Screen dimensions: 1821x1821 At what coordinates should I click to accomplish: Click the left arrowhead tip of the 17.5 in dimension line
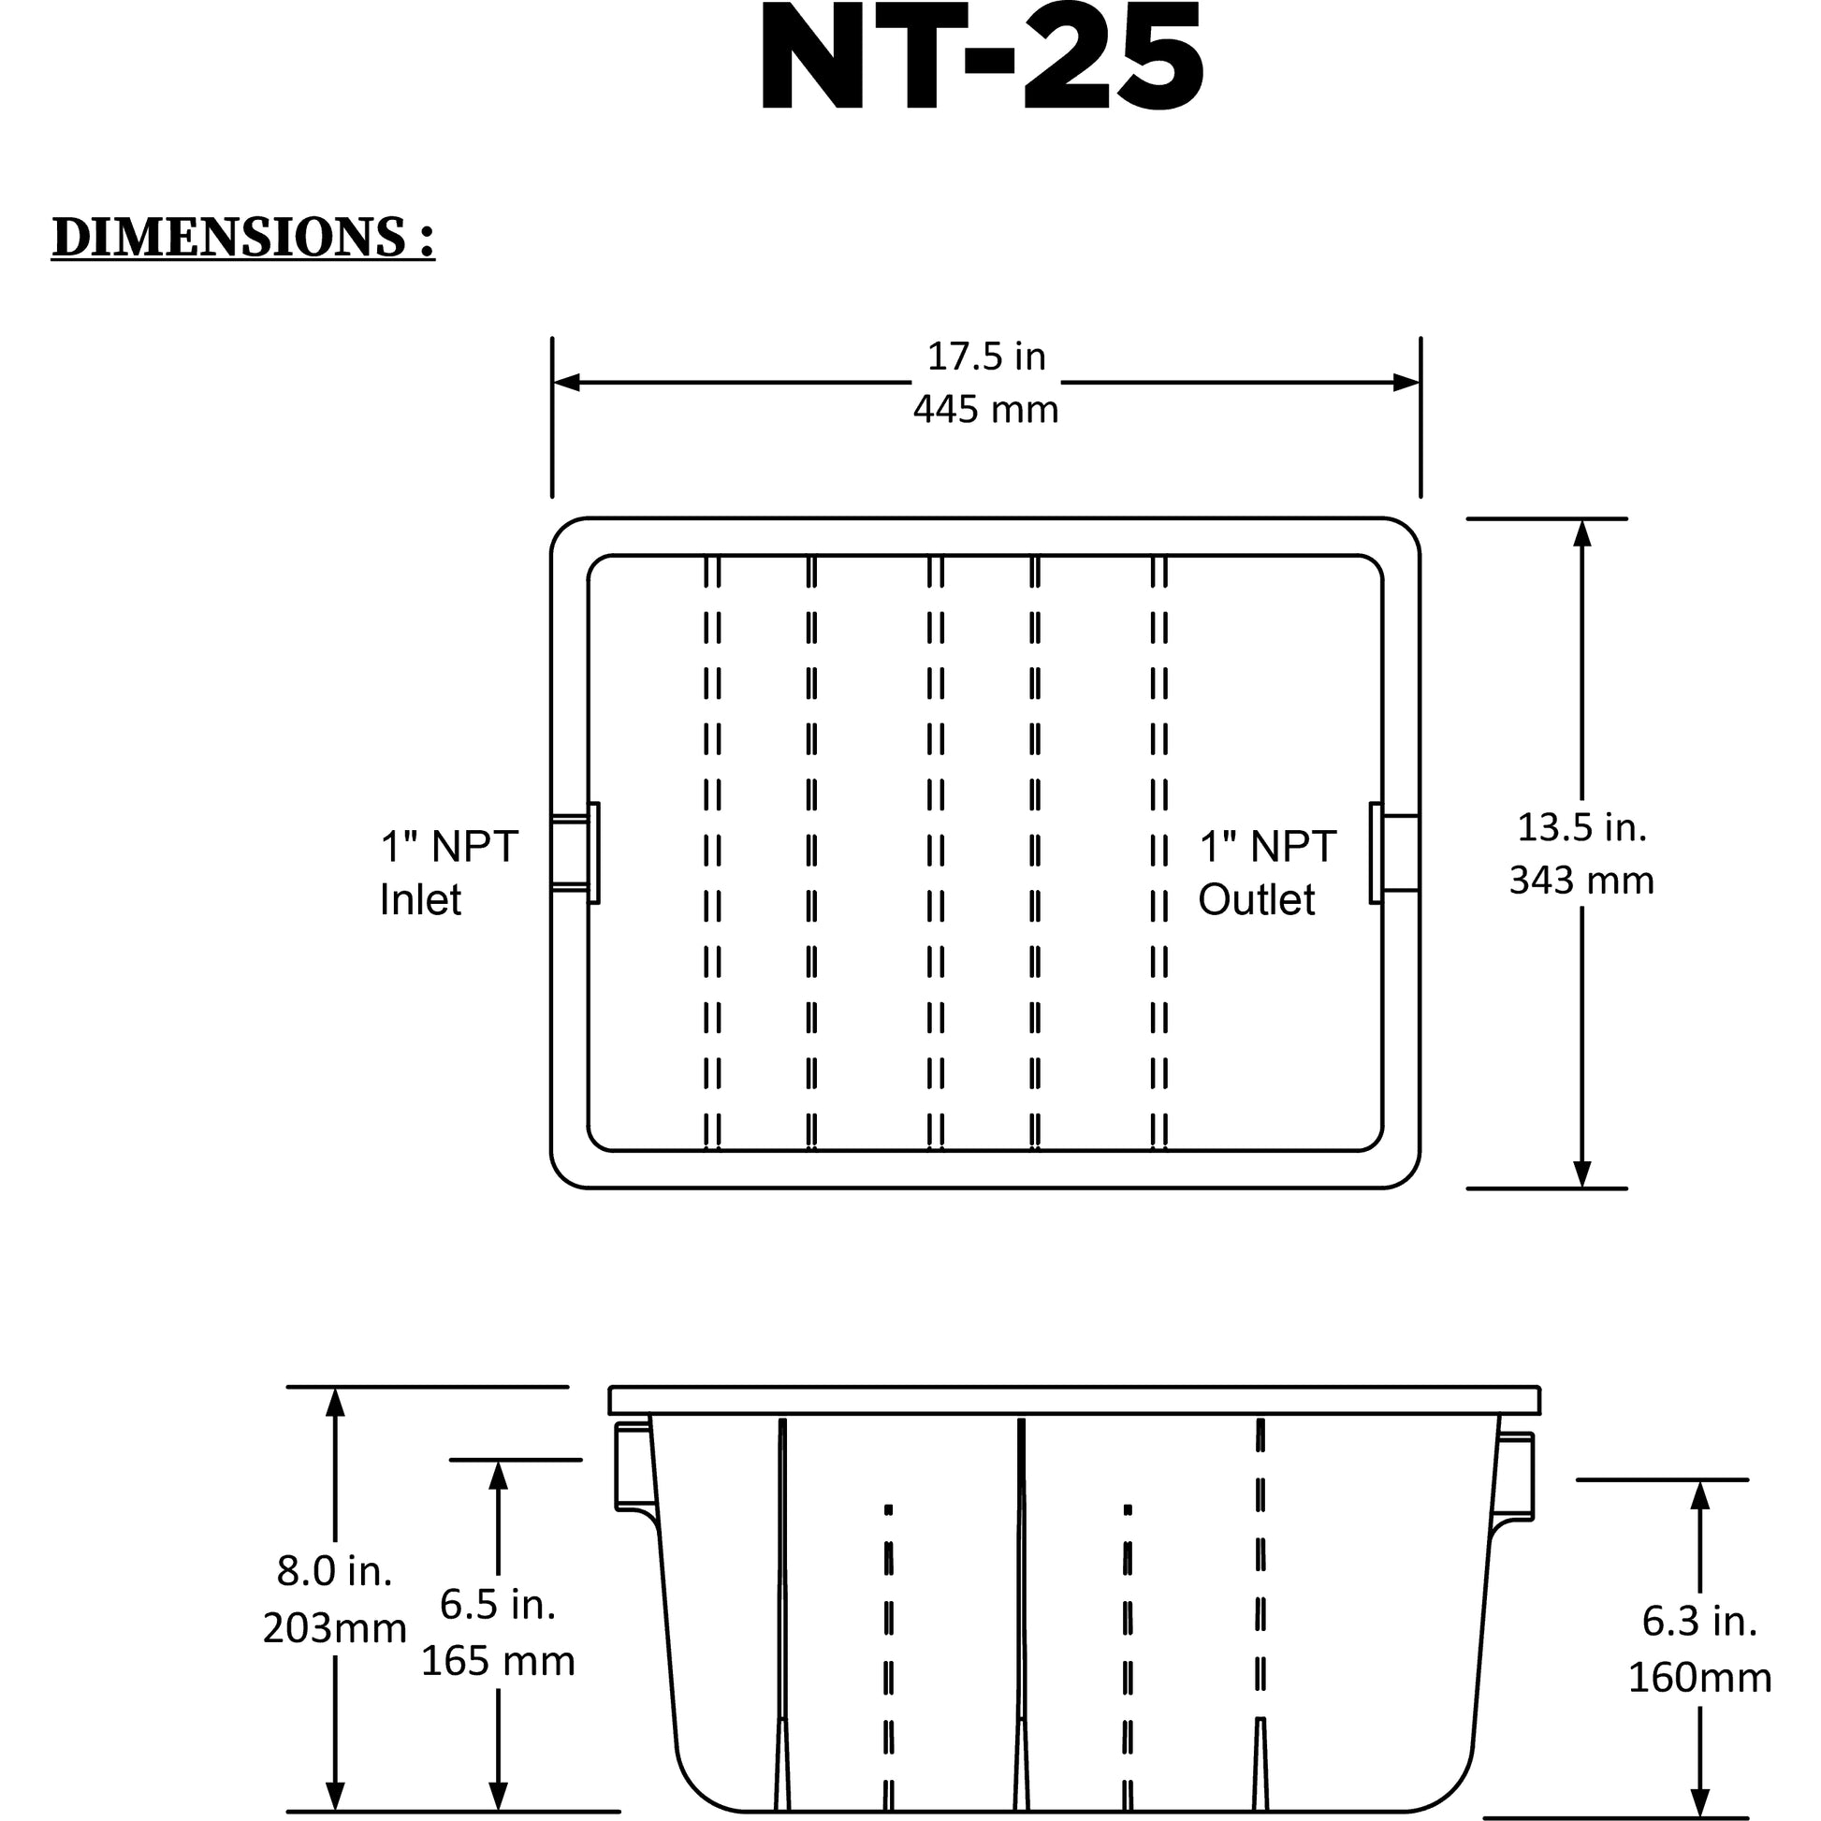[x=553, y=383]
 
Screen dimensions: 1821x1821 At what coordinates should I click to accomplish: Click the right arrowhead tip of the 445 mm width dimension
[x=1420, y=383]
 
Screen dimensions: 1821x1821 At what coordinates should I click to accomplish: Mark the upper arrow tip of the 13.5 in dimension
[x=1582, y=520]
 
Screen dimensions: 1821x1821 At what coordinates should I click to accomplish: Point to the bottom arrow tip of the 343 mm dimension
[x=1582, y=1187]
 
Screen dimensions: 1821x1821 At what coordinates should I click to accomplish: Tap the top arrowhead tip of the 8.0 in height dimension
[x=335, y=1389]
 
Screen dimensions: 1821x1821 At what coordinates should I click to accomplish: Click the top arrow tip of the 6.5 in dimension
[x=499, y=1461]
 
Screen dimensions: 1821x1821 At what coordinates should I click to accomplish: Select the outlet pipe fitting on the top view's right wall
[x=1395, y=853]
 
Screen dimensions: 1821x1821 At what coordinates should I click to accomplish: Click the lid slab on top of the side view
[x=1074, y=1401]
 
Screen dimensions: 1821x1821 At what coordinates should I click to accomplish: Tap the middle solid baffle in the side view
[x=1021, y=1613]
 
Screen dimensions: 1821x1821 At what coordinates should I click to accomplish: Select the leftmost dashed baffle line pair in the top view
[x=712, y=853]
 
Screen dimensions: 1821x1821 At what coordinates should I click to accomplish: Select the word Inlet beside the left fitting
[x=420, y=899]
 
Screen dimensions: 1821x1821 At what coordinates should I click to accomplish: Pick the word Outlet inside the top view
[x=1257, y=899]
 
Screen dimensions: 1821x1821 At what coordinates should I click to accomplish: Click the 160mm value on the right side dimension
[x=1700, y=1678]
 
